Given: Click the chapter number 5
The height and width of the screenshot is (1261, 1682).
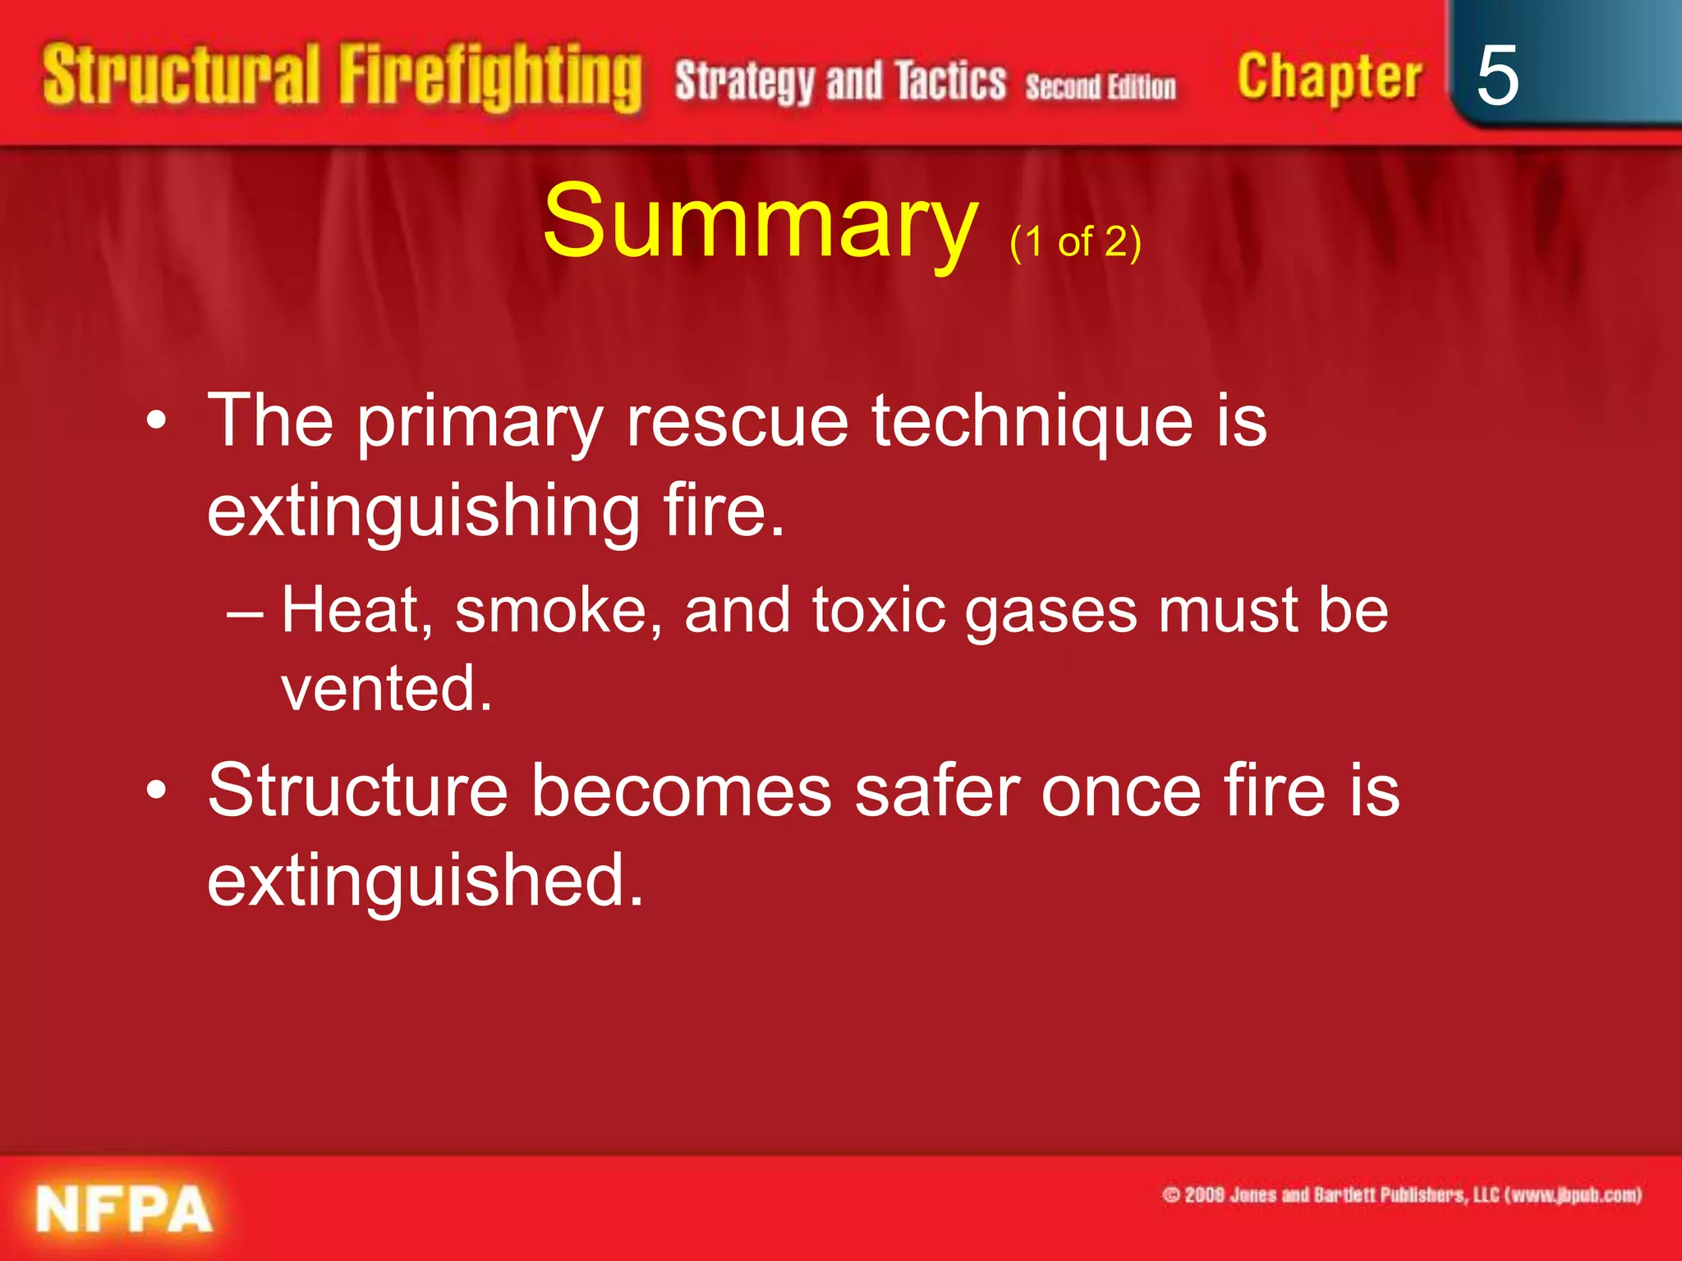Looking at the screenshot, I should [x=1496, y=76].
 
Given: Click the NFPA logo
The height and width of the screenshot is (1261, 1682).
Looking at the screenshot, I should [x=124, y=1209].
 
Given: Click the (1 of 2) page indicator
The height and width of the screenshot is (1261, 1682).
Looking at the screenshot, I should [x=1075, y=242].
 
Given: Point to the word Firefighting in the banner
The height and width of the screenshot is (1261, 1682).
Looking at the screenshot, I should [x=490, y=77].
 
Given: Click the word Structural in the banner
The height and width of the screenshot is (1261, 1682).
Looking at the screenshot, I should [x=181, y=76].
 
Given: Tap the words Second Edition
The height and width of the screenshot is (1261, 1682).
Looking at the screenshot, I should [x=1101, y=86].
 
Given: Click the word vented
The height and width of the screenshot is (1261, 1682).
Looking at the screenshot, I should [x=386, y=688].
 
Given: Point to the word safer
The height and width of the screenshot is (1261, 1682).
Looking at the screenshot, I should [x=937, y=791].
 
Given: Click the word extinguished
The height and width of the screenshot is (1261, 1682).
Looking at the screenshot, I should [x=425, y=881].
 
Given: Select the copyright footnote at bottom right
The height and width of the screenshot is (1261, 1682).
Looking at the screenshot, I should [x=1401, y=1195].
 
